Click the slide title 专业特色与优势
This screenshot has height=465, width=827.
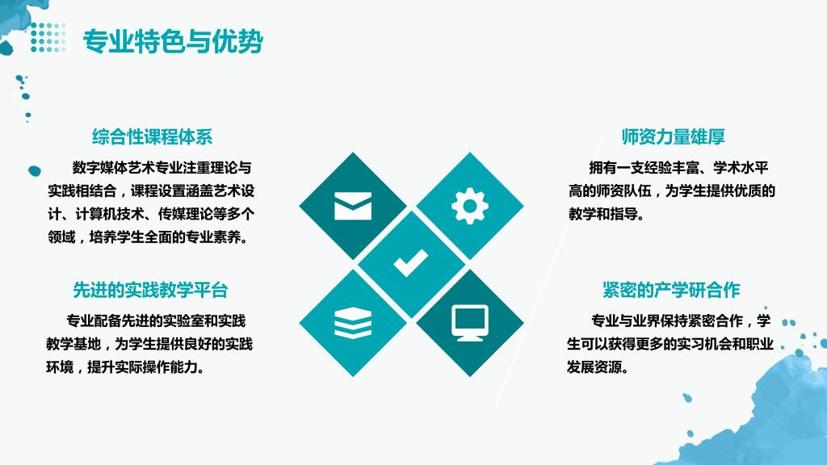[173, 41]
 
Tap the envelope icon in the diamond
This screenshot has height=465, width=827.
[353, 206]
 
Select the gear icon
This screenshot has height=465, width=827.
[470, 206]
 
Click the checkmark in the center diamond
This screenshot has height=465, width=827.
[411, 262]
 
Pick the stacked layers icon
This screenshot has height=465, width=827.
[353, 322]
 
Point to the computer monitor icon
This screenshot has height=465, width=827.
[470, 323]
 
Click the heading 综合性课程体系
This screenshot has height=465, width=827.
[152, 136]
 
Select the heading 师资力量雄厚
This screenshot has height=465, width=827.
[673, 136]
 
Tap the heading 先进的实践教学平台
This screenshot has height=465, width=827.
[150, 290]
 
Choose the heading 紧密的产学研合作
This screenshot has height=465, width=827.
[671, 290]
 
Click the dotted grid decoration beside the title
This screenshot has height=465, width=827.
[48, 37]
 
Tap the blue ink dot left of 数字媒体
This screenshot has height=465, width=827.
[34, 171]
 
